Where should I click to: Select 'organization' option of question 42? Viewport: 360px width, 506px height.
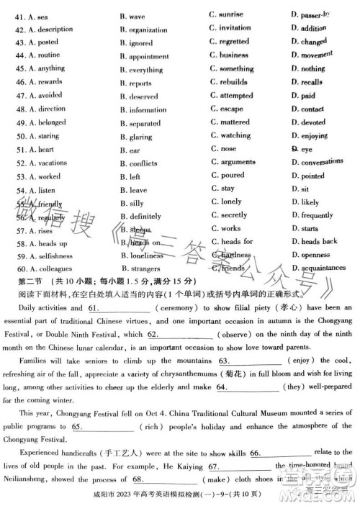pos(148,30)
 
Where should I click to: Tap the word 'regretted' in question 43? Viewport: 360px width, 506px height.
pos(234,42)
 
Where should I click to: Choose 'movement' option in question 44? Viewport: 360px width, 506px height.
pos(316,55)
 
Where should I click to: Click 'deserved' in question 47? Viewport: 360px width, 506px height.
pos(143,96)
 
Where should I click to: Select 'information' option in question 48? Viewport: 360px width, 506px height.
pos(148,110)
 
